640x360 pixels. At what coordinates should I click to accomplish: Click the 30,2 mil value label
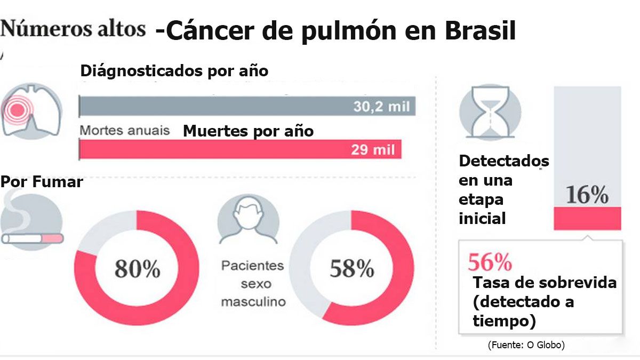[381, 107]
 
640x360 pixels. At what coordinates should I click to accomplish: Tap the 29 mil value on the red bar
[373, 150]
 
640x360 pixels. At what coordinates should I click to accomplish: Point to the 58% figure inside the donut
[351, 269]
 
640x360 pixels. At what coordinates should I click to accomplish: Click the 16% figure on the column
[587, 196]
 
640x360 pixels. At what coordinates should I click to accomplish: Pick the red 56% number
[490, 262]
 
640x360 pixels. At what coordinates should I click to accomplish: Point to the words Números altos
[73, 29]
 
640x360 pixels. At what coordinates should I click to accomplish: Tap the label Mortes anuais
[125, 130]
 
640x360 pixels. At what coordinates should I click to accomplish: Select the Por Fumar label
[42, 182]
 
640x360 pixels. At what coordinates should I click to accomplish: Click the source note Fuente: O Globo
[526, 345]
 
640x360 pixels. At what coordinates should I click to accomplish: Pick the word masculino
[253, 302]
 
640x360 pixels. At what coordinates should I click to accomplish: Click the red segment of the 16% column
[587, 218]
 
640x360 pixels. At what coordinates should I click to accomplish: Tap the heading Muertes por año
[248, 131]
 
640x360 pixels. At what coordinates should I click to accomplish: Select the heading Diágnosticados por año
[174, 71]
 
